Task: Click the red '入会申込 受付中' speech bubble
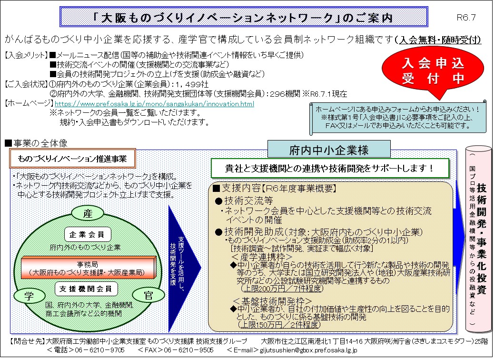tap(422, 71)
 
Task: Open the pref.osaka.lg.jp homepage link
tap(154, 104)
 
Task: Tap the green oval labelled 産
tap(87, 214)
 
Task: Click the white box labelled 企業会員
tap(88, 234)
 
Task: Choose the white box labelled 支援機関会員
tap(86, 289)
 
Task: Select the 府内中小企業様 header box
tap(329, 150)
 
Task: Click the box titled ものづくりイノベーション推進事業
tap(73, 159)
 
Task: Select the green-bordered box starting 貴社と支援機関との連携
tap(330, 168)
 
